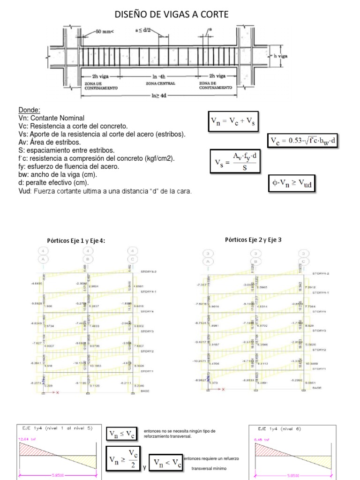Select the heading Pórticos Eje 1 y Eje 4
pyautogui.click(x=76, y=240)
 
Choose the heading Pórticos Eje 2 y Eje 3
pyautogui.click(x=254, y=240)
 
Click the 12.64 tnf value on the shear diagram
pyautogui.click(x=27, y=439)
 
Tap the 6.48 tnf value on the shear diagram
pyautogui.click(x=262, y=439)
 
